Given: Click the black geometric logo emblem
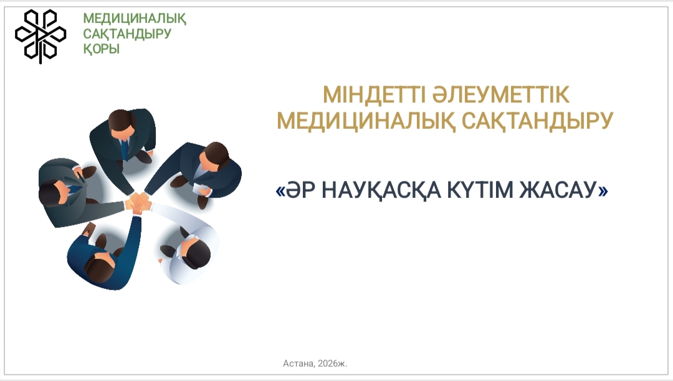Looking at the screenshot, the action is coord(41,36).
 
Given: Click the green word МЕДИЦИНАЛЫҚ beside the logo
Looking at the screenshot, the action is coord(135,19).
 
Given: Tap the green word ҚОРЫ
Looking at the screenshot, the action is coord(102,49).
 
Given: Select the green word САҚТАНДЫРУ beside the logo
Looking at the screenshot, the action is coord(127,34).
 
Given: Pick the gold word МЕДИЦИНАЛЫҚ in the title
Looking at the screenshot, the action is coord(366,121).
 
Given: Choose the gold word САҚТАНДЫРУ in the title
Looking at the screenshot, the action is coord(537,120).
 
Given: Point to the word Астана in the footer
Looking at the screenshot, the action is coord(298,364).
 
